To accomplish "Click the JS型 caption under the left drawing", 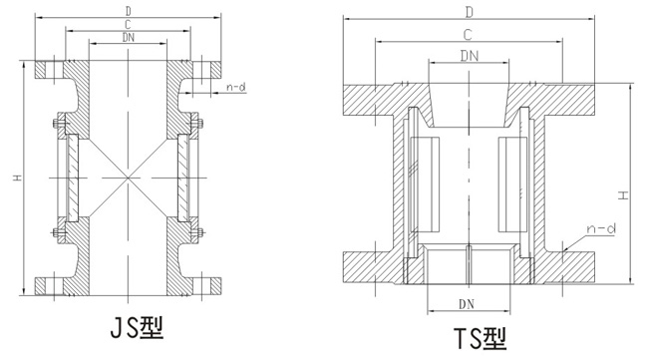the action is tap(137, 328).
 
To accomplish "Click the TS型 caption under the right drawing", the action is tap(480, 339).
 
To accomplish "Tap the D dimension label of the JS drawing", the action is tap(128, 11).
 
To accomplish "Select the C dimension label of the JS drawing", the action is tap(128, 25).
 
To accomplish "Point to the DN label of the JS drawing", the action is tap(129, 37).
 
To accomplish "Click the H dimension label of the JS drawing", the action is tap(17, 178).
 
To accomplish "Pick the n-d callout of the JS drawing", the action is tap(236, 87).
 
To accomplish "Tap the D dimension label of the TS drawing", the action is tap(470, 13).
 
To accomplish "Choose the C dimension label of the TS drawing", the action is tap(468, 35).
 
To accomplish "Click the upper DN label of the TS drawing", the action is tap(470, 56).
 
